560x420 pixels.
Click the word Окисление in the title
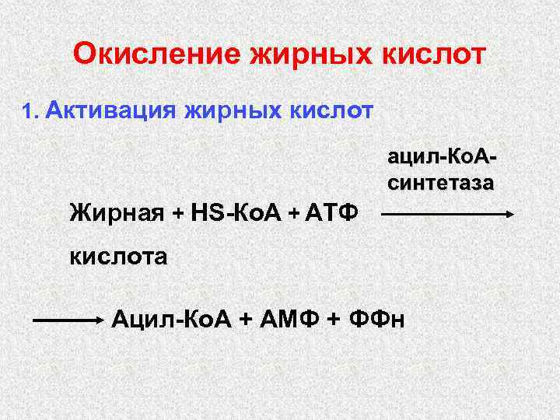coord(156,54)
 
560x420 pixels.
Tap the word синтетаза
coord(440,184)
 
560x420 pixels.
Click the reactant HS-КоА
coord(233,211)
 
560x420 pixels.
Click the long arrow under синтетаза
coord(449,213)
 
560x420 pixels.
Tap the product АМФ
coord(281,317)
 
